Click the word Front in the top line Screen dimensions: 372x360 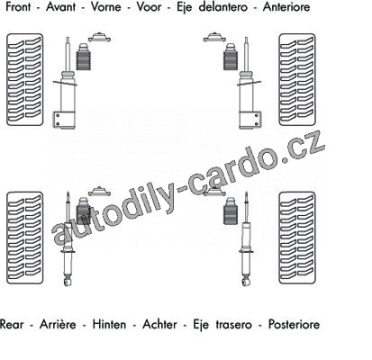[18, 7]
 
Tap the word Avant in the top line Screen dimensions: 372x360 [60, 7]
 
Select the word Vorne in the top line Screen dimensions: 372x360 [106, 7]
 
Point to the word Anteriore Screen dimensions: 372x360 [286, 7]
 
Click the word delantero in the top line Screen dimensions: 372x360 [223, 7]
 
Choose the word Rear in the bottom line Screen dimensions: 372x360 [12, 324]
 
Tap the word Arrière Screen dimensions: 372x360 [58, 324]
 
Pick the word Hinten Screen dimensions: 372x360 [109, 324]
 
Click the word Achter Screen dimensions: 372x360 [160, 324]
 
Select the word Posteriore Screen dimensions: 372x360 [294, 324]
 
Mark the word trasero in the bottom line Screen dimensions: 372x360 [234, 324]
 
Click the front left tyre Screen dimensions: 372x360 [25, 80]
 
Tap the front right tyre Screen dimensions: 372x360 [297, 80]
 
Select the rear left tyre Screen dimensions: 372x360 [25, 238]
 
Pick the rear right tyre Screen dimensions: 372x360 [297, 238]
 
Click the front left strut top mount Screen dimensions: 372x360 [99, 37]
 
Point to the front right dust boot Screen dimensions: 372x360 [231, 58]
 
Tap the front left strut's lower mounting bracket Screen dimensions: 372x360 [64, 120]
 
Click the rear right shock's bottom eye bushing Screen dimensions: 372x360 [246, 282]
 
